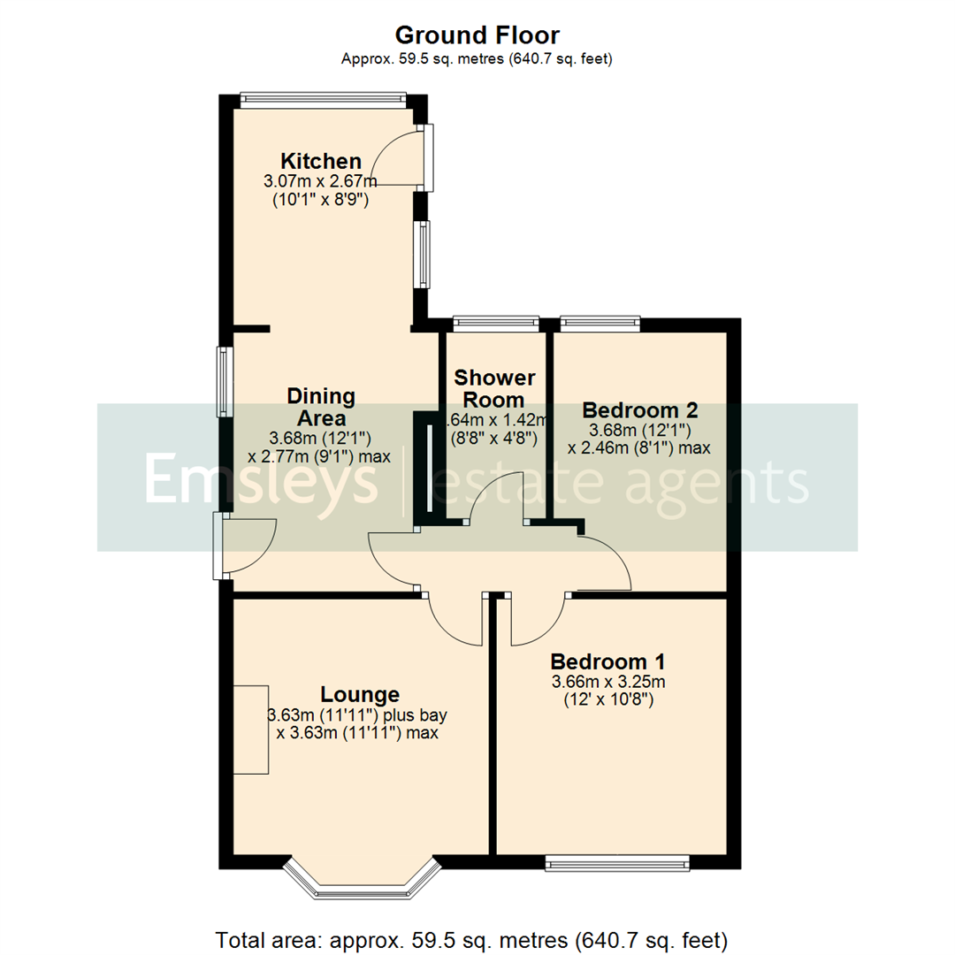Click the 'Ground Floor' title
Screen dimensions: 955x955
(477, 35)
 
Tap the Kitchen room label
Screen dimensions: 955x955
(321, 162)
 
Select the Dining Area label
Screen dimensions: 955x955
(321, 407)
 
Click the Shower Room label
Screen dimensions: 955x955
(494, 389)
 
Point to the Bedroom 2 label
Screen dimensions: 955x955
(640, 410)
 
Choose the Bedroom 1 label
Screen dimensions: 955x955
(607, 661)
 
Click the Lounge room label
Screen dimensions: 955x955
(360, 694)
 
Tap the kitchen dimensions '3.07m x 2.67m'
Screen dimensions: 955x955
(320, 182)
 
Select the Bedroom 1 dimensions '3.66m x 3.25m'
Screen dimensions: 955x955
(607, 682)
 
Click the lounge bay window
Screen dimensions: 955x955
(361, 880)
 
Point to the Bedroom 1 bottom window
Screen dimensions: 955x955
(617, 863)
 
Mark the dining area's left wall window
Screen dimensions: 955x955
(226, 382)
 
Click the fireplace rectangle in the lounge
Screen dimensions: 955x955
(250, 730)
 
